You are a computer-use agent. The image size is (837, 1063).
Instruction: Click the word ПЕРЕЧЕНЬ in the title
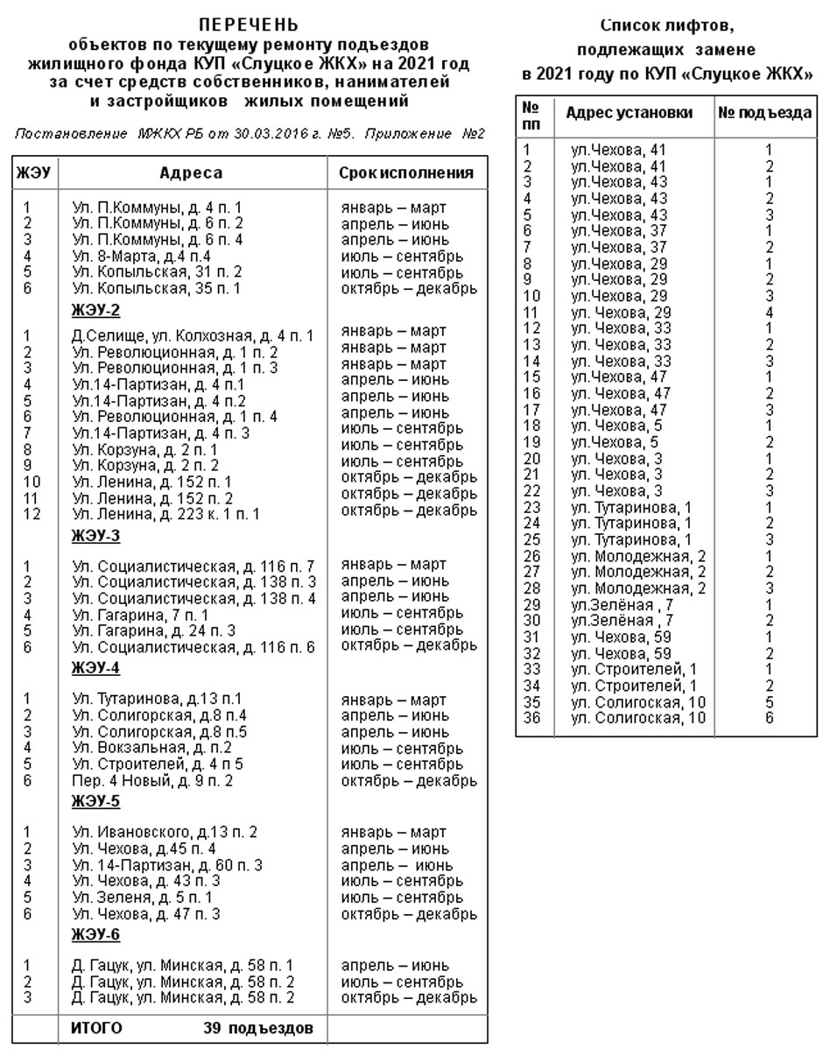pos(249,25)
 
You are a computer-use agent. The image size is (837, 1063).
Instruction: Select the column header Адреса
pos(191,173)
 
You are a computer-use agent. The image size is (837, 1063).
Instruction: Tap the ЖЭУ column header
pos(33,173)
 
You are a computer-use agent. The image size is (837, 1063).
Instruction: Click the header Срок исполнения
pos(406,173)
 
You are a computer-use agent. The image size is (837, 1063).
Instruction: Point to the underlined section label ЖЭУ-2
pos(95,311)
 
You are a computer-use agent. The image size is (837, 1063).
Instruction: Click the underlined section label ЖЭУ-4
pos(95,668)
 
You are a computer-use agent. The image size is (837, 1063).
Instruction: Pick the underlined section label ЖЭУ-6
pos(95,935)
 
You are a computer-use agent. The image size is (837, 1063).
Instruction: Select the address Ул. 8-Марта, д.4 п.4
pos(142,257)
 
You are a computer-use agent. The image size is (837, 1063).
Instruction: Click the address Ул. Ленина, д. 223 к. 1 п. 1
pos(166,514)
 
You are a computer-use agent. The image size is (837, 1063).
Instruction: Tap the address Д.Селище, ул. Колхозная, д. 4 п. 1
pos(193,335)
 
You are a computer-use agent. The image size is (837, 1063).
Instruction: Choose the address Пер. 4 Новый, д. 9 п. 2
pos(152,780)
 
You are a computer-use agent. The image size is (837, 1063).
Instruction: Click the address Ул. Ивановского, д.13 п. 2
pos(165,832)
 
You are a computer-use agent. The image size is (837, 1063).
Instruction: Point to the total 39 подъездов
pos(258,1027)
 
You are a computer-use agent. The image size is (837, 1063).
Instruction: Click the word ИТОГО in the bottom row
pos(96,1027)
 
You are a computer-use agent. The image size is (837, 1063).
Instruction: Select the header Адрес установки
pos(629,113)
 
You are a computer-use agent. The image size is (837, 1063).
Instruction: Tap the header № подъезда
pos(765,113)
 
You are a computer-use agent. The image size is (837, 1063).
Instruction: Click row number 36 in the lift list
pos(532,719)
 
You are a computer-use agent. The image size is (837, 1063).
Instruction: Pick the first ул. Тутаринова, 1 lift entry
pos(630,508)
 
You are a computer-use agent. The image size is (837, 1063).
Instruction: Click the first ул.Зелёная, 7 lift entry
pos(622,605)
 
